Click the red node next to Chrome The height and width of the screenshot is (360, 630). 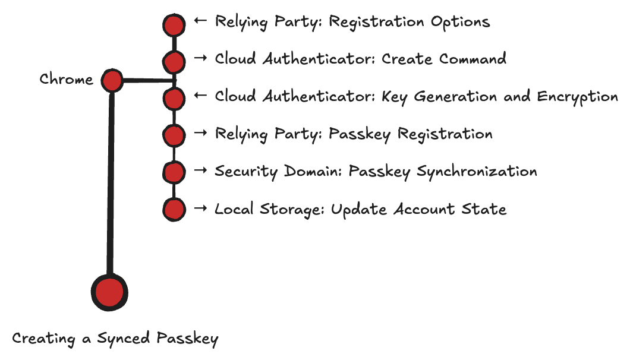coord(112,80)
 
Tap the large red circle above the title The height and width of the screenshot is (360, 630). coord(109,292)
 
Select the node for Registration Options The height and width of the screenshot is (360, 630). coord(174,25)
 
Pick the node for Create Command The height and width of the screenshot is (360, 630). coord(174,61)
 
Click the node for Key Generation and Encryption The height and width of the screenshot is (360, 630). coord(174,99)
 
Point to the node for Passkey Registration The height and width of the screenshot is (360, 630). coord(174,135)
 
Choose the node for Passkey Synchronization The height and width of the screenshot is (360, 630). coord(174,172)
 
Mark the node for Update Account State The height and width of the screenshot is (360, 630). coord(174,209)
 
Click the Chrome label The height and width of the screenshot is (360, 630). coord(66,80)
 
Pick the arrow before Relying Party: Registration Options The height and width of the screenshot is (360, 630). coord(200,21)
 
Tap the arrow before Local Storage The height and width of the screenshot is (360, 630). coord(200,208)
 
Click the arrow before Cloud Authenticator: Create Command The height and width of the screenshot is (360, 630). coord(200,58)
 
